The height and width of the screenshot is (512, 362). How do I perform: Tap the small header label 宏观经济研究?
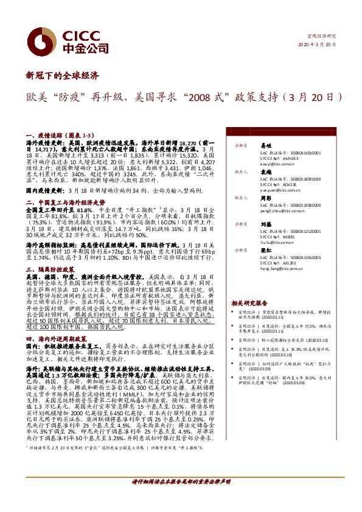322,36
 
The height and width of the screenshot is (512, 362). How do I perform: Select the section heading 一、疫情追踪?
44,138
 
